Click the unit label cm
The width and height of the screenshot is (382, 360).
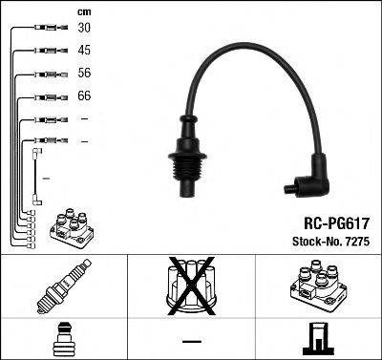84,11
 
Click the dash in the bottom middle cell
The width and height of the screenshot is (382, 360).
191,341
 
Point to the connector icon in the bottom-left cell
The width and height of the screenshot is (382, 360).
64,340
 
